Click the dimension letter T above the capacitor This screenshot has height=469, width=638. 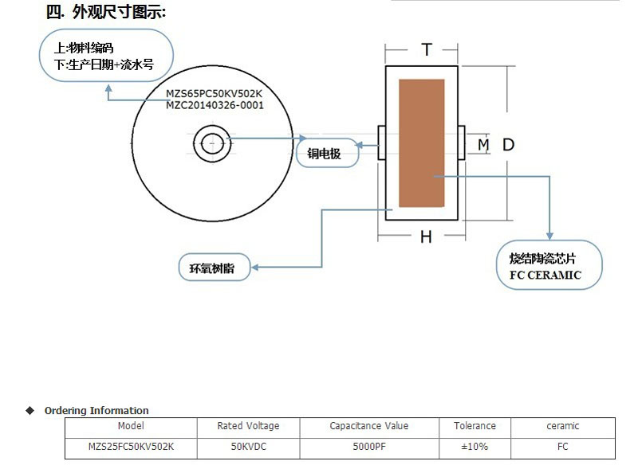point(427,50)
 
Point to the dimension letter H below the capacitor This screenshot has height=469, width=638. point(426,237)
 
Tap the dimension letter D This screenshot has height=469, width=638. point(508,144)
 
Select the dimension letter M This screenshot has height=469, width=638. point(482,144)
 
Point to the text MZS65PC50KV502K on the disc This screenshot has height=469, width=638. point(214,93)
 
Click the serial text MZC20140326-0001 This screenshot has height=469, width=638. point(214,104)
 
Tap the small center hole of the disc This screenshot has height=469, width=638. point(213,144)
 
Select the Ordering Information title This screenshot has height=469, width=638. point(96,411)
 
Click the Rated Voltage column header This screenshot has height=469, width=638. point(248,426)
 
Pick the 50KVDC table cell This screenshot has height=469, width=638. point(248,447)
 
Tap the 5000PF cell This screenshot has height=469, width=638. point(368,447)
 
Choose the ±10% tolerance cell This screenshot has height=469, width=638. point(475,447)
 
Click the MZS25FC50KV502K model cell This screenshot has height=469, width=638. point(130,447)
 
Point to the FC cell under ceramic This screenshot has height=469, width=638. point(562,447)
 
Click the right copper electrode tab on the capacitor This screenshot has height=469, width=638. point(461,143)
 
